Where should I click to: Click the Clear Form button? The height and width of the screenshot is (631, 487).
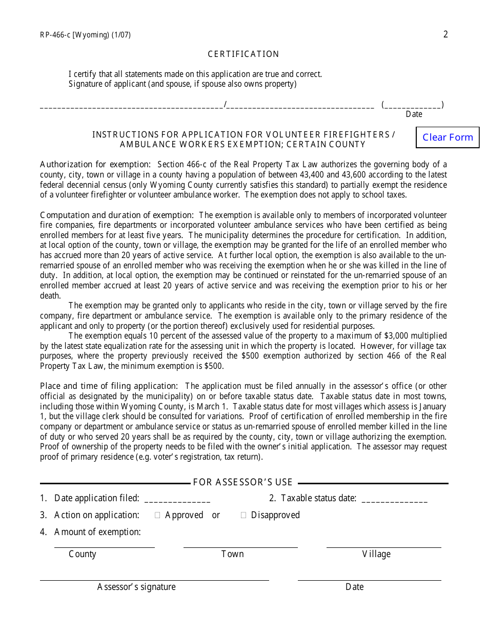(448, 137)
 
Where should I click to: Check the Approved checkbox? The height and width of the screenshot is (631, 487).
(157, 515)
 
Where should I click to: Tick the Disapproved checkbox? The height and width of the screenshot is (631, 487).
(243, 515)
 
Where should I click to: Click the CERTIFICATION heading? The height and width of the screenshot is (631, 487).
(243, 54)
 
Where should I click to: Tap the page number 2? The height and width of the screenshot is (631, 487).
(445, 34)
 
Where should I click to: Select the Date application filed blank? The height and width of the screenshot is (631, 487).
(177, 499)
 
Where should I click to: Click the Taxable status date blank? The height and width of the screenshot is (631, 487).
(394, 499)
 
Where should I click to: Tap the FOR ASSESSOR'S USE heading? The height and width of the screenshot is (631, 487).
(243, 482)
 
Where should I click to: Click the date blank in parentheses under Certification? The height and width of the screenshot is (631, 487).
(413, 105)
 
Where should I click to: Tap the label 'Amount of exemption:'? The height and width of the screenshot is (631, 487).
(97, 532)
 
